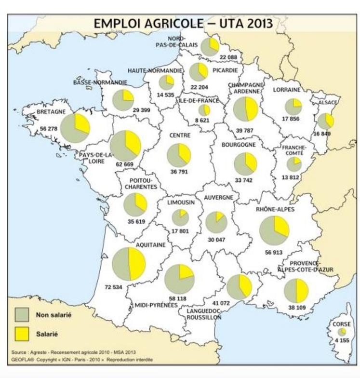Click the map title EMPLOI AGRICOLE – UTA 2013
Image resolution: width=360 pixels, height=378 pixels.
tap(183, 23)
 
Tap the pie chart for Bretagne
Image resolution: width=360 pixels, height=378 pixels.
tap(75, 128)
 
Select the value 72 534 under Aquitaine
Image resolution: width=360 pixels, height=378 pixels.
tap(113, 287)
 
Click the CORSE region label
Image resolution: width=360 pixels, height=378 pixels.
tap(342, 324)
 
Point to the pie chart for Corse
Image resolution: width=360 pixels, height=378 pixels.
tap(342, 332)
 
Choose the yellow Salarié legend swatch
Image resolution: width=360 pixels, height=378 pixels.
tap(23, 333)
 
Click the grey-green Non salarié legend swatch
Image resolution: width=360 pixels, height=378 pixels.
tap(23, 315)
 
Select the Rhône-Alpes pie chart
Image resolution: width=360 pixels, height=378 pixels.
tap(274, 230)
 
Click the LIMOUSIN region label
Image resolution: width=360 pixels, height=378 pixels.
tap(180, 203)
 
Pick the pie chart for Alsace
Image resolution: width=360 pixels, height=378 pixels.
tap(326, 121)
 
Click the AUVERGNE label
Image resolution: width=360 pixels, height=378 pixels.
tap(218, 198)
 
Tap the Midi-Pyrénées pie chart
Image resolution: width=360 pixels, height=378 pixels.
tap(179, 279)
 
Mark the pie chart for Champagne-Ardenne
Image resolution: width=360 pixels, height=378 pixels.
tap(245, 109)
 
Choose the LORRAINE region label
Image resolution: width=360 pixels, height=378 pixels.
tap(287, 89)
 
